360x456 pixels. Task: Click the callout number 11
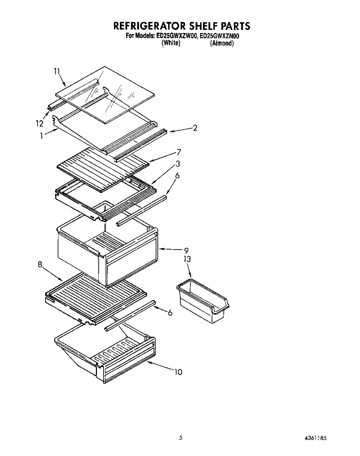[57, 72]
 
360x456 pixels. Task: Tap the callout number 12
[39, 123]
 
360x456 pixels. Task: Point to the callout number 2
[195, 128]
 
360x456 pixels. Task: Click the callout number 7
[179, 152]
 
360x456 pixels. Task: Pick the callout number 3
[178, 164]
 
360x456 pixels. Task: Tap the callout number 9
[186, 250]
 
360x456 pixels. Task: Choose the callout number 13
[187, 259]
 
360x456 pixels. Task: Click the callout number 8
[40, 264]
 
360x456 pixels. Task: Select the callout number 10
[178, 372]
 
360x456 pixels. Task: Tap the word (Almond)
[222, 43]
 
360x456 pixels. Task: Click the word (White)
[171, 43]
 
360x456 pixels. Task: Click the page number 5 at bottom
[180, 438]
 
